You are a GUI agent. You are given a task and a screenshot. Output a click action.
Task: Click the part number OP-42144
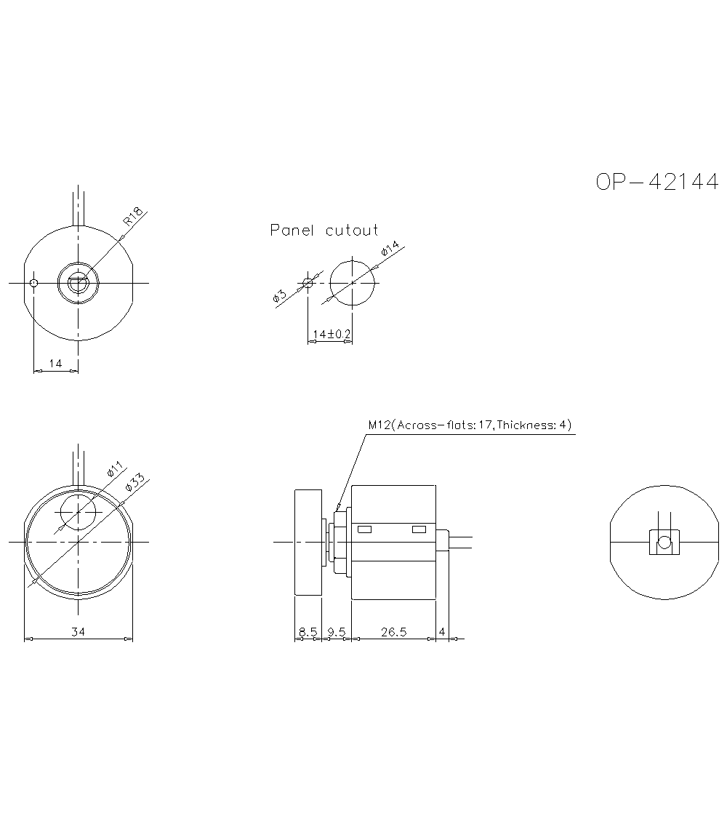coord(656,182)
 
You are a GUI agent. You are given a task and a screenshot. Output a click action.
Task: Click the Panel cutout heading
coord(324,231)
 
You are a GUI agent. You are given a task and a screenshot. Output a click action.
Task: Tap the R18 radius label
coord(132,216)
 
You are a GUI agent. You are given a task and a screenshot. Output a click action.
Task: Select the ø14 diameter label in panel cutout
coord(390,251)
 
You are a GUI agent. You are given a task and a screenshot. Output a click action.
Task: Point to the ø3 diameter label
coord(280,295)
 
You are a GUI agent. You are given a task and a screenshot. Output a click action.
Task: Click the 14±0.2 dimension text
coord(331,334)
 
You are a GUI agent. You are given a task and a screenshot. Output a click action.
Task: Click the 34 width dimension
coord(78,632)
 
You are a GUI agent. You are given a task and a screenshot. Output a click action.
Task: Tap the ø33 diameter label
coord(134,483)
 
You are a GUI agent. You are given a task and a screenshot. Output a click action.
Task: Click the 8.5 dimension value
coord(308,632)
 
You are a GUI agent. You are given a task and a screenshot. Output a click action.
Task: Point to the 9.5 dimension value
coord(336,632)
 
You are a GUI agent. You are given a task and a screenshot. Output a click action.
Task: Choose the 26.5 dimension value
coord(393,632)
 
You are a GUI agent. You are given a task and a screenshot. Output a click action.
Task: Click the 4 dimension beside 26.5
coord(442,632)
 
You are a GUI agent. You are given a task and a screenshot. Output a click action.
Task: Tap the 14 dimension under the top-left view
coord(55,364)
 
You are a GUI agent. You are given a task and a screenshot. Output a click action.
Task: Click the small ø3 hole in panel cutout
coord(308,283)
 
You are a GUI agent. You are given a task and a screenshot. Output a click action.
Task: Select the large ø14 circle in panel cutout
coord(353,283)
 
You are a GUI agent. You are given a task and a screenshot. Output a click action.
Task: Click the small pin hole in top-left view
coord(33,283)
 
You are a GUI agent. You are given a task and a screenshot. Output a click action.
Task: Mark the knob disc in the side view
coord(308,543)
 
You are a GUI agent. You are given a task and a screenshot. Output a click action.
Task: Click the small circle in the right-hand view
coord(663,543)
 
